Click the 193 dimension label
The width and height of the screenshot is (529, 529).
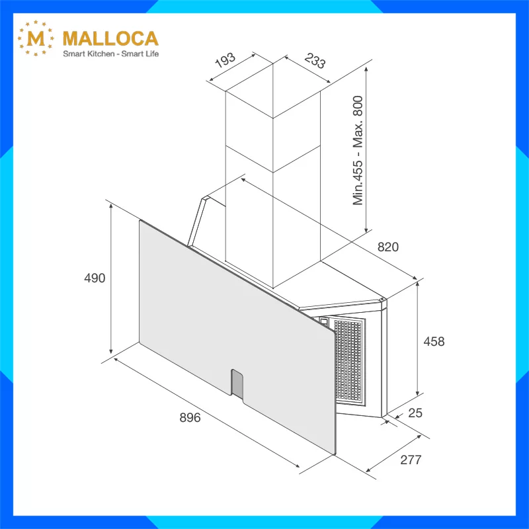point(225,60)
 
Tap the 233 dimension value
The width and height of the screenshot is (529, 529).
point(315,61)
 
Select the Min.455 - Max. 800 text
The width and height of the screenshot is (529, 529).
point(358,151)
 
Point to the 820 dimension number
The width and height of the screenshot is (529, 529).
point(388,247)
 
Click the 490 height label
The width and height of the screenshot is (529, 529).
point(95,278)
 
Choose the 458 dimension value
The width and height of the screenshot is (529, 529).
point(434,341)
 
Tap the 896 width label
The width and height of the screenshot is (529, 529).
point(190,418)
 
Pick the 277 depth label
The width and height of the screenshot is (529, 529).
point(411,460)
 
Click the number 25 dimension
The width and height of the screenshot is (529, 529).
point(415,413)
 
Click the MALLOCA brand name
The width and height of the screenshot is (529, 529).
point(110,38)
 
